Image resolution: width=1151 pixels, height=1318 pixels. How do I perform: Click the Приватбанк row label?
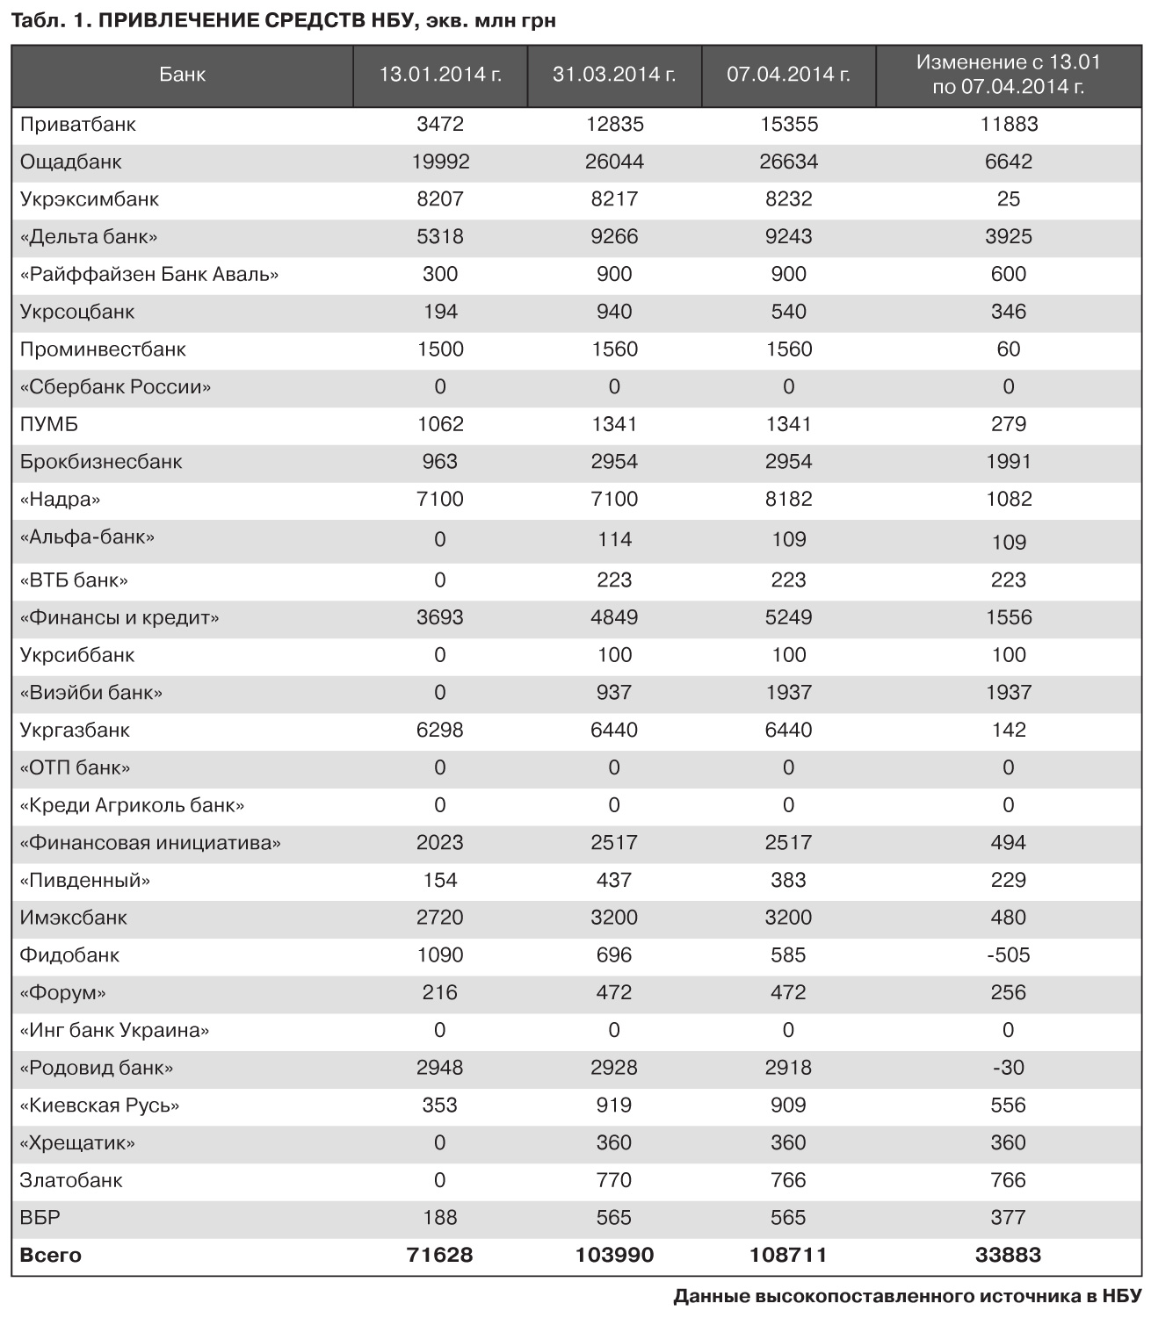pyautogui.click(x=78, y=125)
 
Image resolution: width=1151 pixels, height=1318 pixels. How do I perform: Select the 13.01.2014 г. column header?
pyautogui.click(x=440, y=75)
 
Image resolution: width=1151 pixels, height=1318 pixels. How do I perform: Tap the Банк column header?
pyautogui.click(x=183, y=75)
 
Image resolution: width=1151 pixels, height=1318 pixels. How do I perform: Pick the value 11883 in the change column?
pyautogui.click(x=1008, y=125)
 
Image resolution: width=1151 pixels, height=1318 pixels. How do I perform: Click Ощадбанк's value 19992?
pyautogui.click(x=440, y=162)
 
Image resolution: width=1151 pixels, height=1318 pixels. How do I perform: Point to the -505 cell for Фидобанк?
pyautogui.click(x=1008, y=955)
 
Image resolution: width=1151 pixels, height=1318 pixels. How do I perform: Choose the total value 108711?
pyautogui.click(x=788, y=1256)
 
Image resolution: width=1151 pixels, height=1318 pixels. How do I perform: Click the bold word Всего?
pyautogui.click(x=50, y=1256)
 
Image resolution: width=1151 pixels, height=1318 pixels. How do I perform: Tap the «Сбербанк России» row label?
pyautogui.click(x=115, y=387)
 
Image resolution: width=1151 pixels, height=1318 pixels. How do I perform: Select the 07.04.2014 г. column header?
pyautogui.click(x=788, y=75)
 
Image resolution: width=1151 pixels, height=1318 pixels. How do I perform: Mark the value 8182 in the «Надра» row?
pyautogui.click(x=788, y=500)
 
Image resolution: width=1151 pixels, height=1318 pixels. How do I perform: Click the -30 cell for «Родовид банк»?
pyautogui.click(x=1008, y=1068)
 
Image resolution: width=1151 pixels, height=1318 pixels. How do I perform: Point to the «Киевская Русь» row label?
pyautogui.click(x=99, y=1106)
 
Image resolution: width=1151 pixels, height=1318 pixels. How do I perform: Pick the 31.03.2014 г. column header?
pyautogui.click(x=614, y=75)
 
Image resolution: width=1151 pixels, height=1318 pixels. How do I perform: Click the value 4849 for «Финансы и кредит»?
pyautogui.click(x=614, y=618)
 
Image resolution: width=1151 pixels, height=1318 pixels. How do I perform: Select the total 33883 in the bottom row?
pyautogui.click(x=1008, y=1256)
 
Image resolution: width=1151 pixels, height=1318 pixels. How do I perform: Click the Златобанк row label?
pyautogui.click(x=71, y=1181)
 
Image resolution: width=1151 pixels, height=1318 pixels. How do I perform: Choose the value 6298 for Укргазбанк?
pyautogui.click(x=440, y=731)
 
